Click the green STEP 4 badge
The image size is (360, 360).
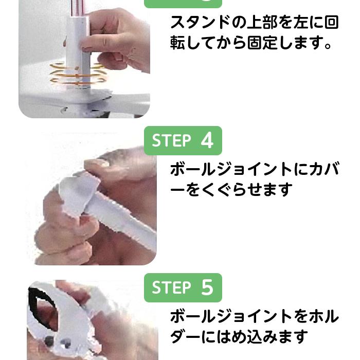[183, 140]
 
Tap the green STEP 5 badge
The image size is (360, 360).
[183, 287]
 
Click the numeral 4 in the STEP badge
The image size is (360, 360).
[207, 140]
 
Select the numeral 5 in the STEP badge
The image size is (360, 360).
[207, 287]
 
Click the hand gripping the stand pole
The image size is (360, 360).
[116, 39]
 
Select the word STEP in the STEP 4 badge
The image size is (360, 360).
[171, 140]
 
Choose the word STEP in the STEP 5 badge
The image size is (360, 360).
[171, 287]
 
